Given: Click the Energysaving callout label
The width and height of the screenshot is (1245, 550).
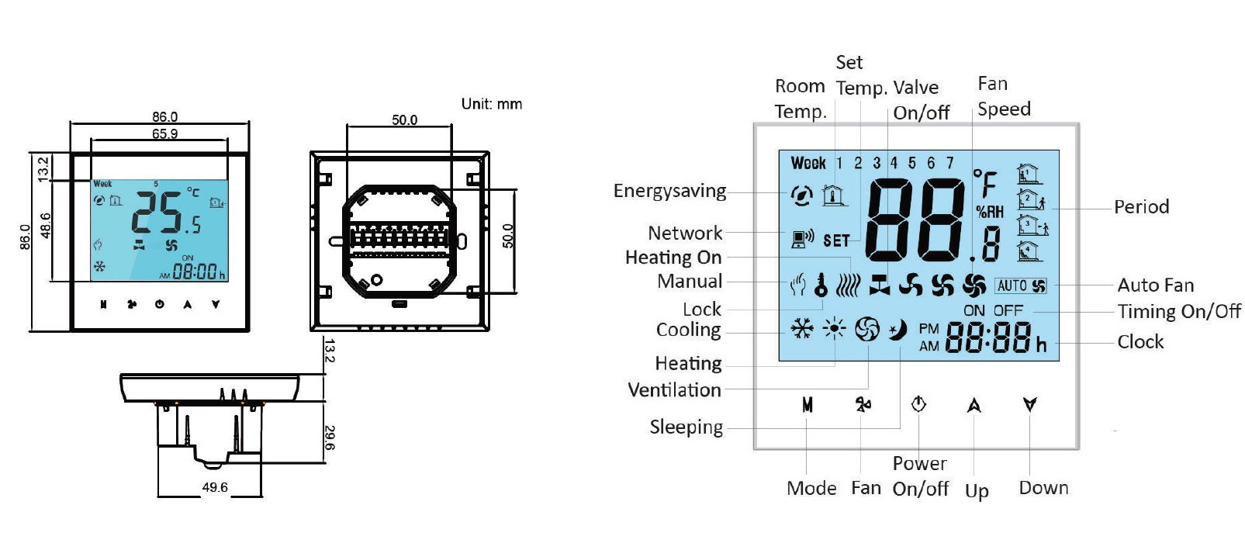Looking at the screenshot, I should (x=669, y=191).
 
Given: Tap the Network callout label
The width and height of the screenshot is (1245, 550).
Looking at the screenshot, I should (x=685, y=233).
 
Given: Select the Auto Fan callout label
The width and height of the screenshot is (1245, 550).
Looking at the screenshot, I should (x=1155, y=285).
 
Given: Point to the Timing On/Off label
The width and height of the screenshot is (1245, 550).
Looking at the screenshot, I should (x=1178, y=311).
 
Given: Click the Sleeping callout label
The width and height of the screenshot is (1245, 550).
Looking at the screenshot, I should (x=686, y=427).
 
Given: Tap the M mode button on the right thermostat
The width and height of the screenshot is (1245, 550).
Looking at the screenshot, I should (x=808, y=405).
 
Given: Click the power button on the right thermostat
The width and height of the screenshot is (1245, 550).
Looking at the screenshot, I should (x=918, y=404).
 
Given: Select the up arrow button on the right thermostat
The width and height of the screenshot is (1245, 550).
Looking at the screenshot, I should (x=974, y=405).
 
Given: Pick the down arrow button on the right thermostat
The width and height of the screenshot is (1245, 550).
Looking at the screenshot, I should (x=1029, y=404).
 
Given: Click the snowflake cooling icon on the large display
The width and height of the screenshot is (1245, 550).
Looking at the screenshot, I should (x=801, y=329).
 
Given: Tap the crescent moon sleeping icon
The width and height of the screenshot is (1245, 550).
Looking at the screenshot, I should (x=897, y=330).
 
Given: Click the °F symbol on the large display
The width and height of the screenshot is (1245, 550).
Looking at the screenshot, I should (x=985, y=183).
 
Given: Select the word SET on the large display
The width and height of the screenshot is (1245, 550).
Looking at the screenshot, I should (x=836, y=241).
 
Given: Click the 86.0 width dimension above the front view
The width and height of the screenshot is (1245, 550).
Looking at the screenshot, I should (x=164, y=116).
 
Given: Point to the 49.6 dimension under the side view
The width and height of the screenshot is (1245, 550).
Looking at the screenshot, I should (x=215, y=487).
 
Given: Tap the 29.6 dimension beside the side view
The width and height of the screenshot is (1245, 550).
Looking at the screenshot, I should (x=330, y=438).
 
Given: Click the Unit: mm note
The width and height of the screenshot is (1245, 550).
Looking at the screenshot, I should (x=491, y=104).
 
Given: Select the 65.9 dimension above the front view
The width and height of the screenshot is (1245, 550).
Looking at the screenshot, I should (x=164, y=133).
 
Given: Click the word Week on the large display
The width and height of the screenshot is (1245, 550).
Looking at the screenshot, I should (x=808, y=163).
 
